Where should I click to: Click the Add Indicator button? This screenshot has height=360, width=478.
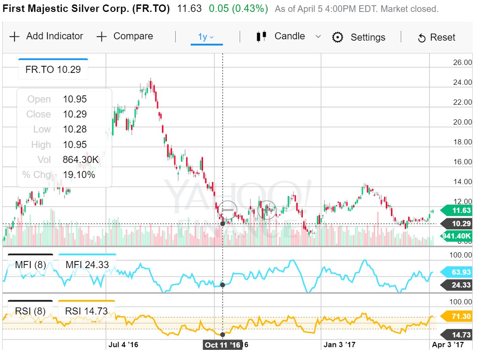tap(46, 37)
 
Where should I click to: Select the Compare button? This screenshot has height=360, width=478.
tap(124, 37)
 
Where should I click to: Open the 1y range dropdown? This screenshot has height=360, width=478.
tap(206, 37)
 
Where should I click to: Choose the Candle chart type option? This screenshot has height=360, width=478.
tap(289, 37)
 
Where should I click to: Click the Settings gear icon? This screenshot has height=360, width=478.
tap(338, 38)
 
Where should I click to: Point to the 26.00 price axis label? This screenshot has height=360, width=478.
tap(463, 62)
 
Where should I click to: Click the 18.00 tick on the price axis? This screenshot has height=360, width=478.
tap(463, 142)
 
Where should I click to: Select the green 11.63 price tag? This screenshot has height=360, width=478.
tap(459, 211)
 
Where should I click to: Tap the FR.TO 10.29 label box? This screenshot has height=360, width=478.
tap(53, 69)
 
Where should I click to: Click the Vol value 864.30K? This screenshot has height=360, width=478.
tap(81, 159)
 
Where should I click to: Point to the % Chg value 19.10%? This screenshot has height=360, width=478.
tap(79, 174)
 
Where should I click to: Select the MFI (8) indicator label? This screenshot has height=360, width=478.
tap(30, 265)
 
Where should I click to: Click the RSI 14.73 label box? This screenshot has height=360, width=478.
tap(86, 311)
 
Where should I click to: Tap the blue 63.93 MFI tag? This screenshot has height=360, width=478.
tap(459, 272)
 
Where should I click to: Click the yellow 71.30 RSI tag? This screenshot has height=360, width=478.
tap(459, 316)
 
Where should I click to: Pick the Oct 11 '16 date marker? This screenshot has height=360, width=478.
tap(222, 345)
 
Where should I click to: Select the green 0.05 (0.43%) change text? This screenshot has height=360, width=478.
tap(238, 8)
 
